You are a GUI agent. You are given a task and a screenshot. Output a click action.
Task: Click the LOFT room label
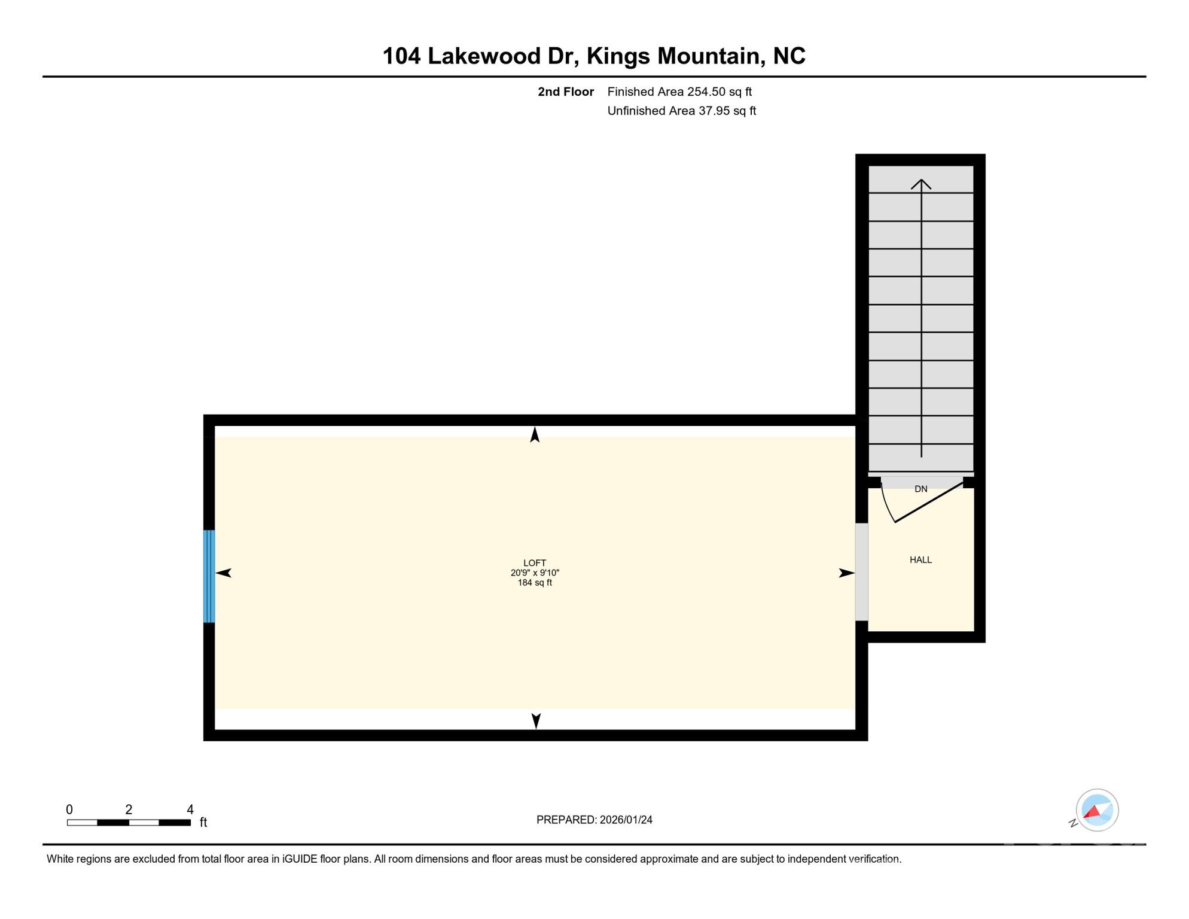[534, 563]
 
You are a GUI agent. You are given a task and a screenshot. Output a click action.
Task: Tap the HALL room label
[920, 560]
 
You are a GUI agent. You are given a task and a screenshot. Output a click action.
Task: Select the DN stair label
[920, 489]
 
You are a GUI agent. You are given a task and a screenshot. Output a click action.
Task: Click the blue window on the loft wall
[209, 576]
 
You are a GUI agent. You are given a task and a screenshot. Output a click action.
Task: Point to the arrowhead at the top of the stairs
[921, 184]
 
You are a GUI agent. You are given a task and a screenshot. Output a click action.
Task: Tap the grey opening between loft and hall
[861, 572]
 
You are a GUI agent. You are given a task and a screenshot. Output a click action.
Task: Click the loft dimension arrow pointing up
[535, 435]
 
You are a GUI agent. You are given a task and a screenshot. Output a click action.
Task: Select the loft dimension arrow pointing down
[536, 721]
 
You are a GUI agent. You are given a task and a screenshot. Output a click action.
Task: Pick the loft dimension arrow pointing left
[224, 573]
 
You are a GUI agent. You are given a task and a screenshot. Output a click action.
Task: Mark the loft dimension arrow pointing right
[846, 573]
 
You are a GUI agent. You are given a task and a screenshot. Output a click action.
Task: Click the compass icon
[1097, 810]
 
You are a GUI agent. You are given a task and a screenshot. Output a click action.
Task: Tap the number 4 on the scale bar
[190, 810]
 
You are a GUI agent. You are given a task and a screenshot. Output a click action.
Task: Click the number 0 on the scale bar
[69, 810]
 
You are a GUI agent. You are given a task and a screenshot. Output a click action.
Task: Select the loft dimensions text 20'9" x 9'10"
[535, 573]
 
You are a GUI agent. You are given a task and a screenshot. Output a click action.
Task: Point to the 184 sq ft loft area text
[535, 583]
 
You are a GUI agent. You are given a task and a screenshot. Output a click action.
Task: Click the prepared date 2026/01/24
[626, 820]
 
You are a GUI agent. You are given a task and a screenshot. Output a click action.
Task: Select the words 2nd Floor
[565, 92]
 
